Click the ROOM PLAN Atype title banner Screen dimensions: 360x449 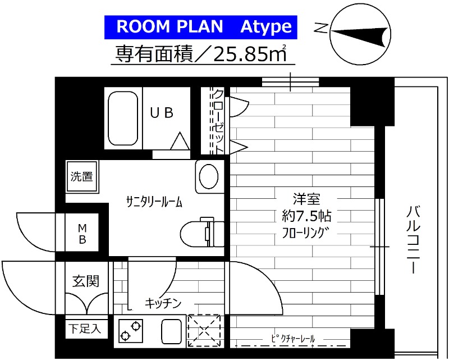coord(199,27)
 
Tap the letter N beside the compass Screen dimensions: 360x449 coord(320,28)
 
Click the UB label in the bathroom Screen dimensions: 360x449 coord(161,113)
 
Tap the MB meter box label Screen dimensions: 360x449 coord(82,234)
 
